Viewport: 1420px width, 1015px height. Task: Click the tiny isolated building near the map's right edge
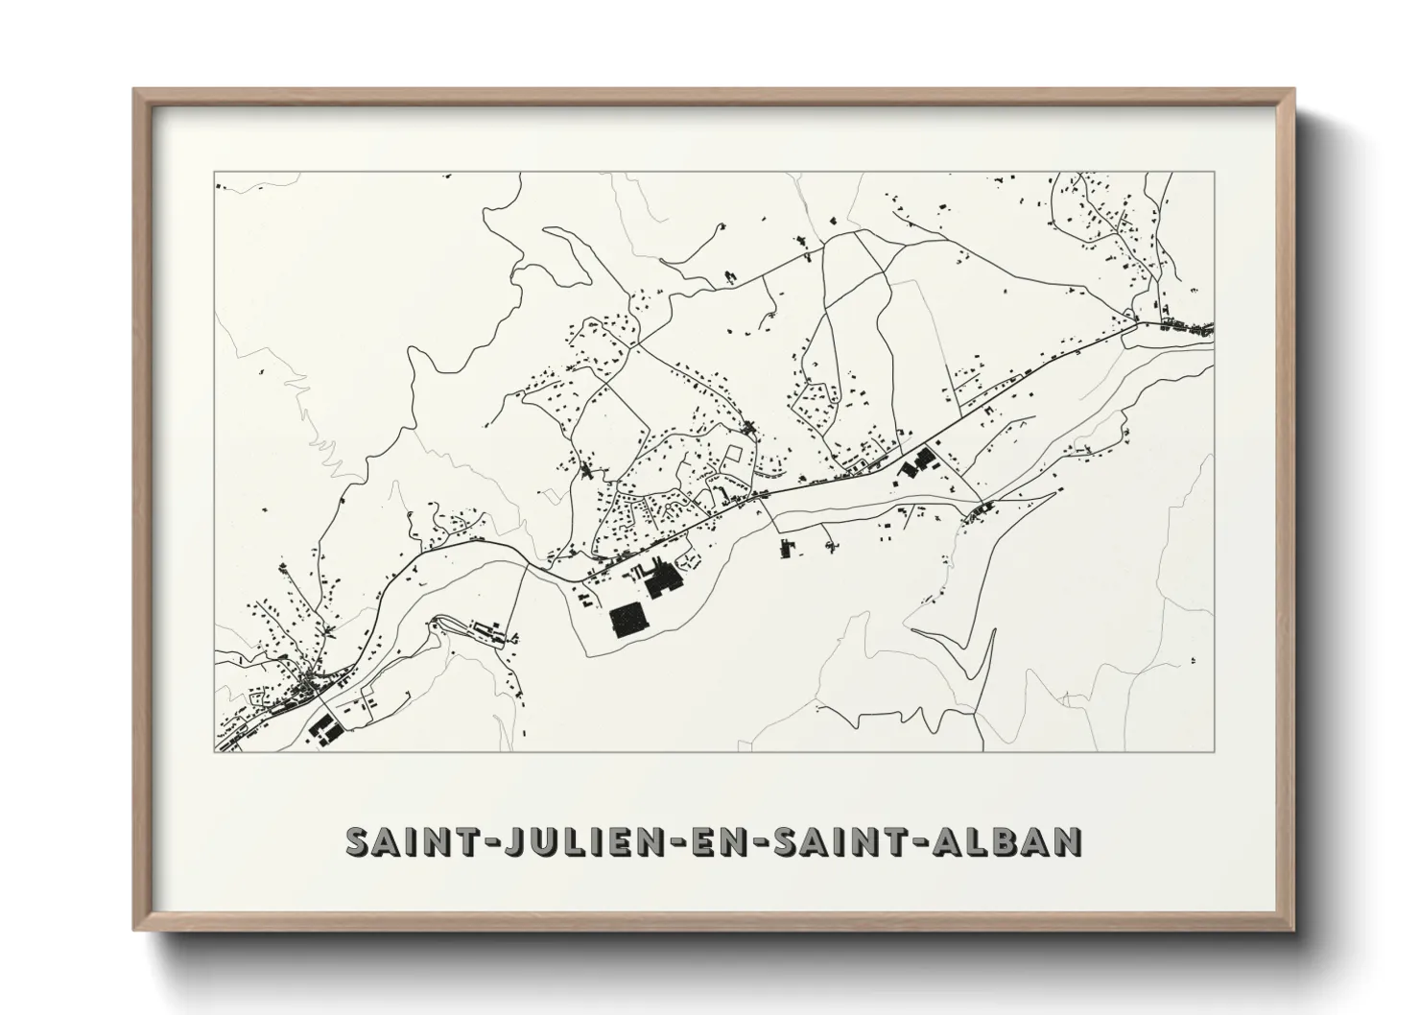pyautogui.click(x=1194, y=660)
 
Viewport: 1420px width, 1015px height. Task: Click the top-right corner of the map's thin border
pyautogui.click(x=1214, y=173)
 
